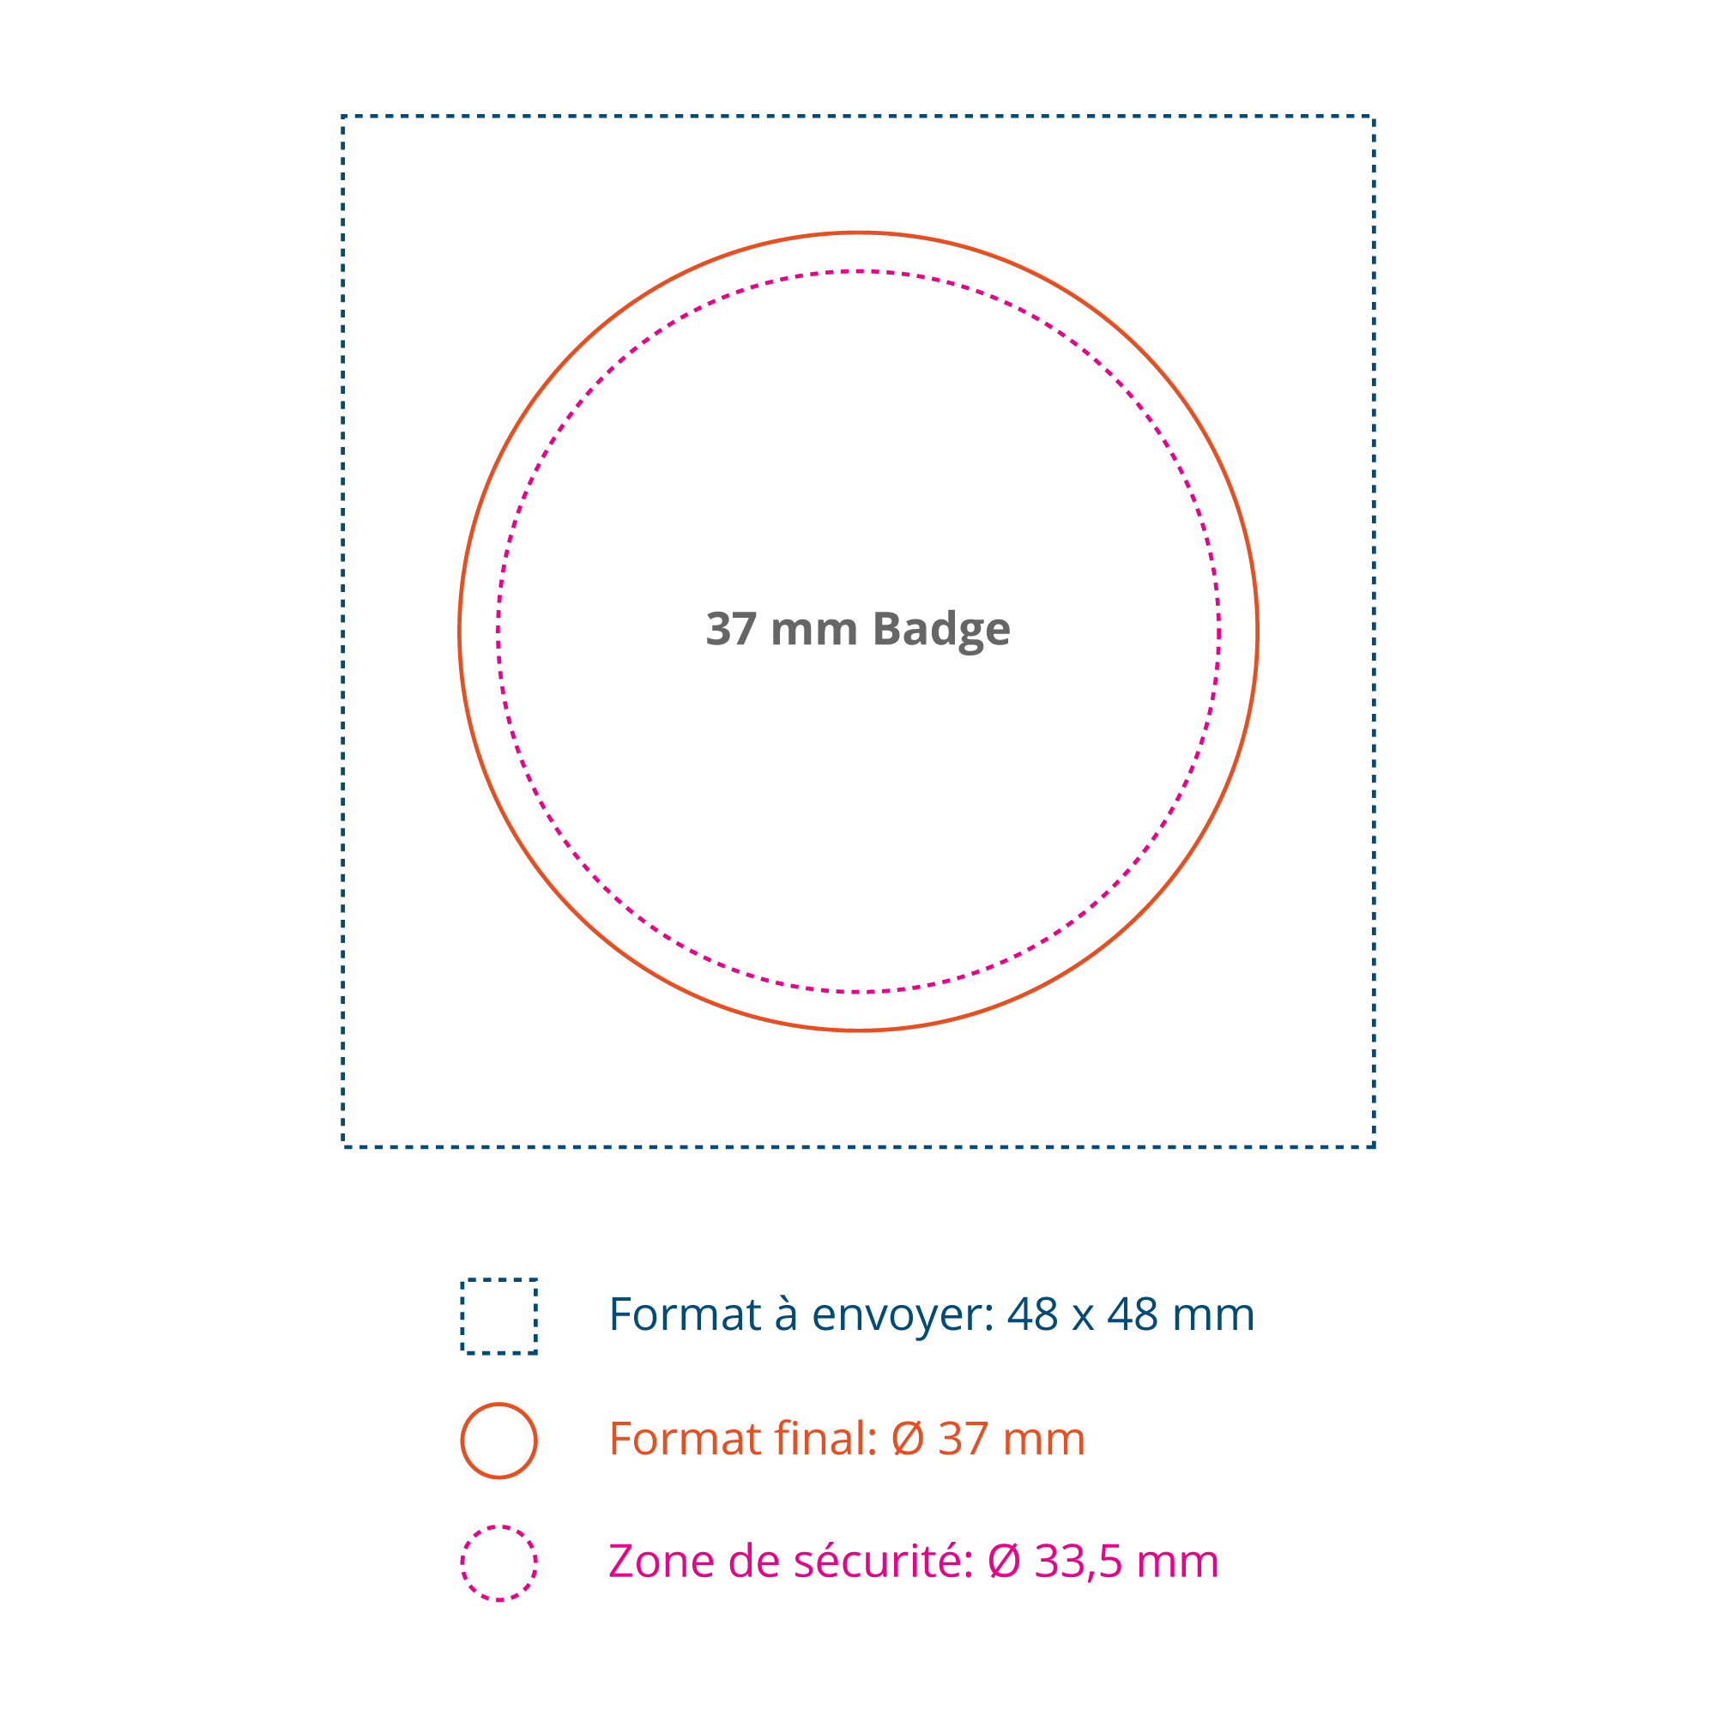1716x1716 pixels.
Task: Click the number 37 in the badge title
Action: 731,630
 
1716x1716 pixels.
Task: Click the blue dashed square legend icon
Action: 499,1316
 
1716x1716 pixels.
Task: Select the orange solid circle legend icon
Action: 499,1441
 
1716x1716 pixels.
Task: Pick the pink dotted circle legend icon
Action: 499,1563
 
